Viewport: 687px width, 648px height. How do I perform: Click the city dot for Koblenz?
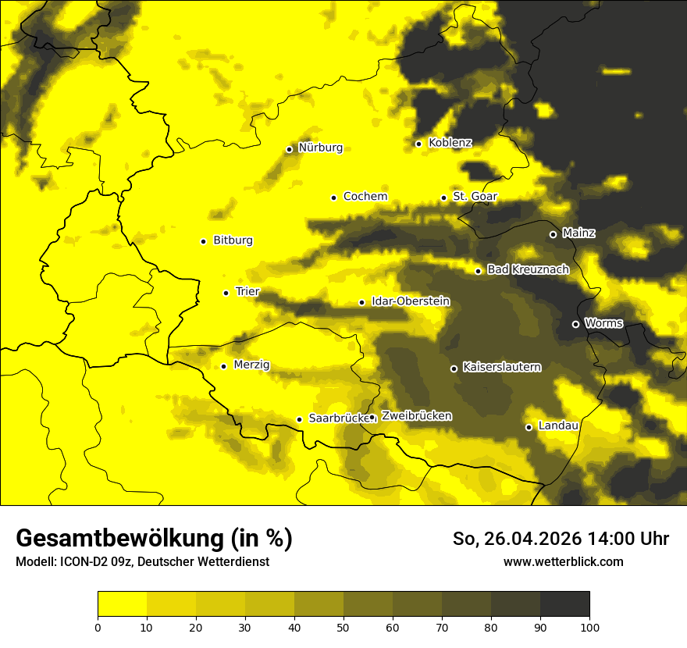(418, 144)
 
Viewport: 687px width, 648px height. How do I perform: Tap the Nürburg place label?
(320, 148)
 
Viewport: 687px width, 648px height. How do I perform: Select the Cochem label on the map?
(365, 197)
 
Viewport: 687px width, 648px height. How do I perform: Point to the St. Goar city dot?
(443, 198)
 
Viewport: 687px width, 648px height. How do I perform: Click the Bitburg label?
(233, 240)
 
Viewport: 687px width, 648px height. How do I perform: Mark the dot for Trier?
(226, 293)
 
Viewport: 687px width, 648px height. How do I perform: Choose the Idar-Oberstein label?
(411, 301)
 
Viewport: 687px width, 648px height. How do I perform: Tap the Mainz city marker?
(553, 234)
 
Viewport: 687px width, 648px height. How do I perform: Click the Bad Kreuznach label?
(528, 270)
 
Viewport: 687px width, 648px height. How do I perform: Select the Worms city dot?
(575, 324)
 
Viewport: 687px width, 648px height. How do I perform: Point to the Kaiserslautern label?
(501, 367)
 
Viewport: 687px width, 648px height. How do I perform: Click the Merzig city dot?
(223, 366)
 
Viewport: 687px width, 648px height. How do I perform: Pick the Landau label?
(558, 426)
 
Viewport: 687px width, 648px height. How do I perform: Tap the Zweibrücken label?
(416, 416)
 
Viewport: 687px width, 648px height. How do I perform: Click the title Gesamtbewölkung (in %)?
(154, 539)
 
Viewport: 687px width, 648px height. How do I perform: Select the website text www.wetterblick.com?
(563, 561)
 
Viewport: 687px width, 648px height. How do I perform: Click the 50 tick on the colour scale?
(343, 626)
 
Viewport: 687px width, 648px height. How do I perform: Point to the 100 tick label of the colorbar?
(589, 626)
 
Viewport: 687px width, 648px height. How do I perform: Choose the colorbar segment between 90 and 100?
(564, 603)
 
